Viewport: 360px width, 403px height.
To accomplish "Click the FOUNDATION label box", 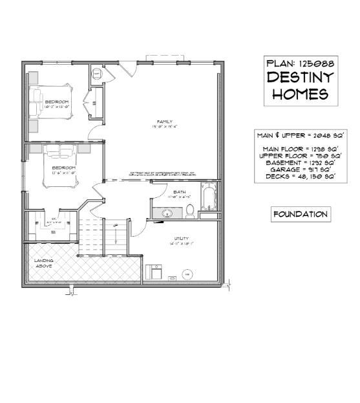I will [300, 214].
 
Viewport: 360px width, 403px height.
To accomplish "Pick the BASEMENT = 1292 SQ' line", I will [300, 162].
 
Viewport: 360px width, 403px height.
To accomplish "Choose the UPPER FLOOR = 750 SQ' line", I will [300, 155].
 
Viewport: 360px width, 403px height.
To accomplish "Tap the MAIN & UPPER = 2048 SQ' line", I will [300, 136].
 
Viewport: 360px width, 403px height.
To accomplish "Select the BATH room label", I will [179, 192].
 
